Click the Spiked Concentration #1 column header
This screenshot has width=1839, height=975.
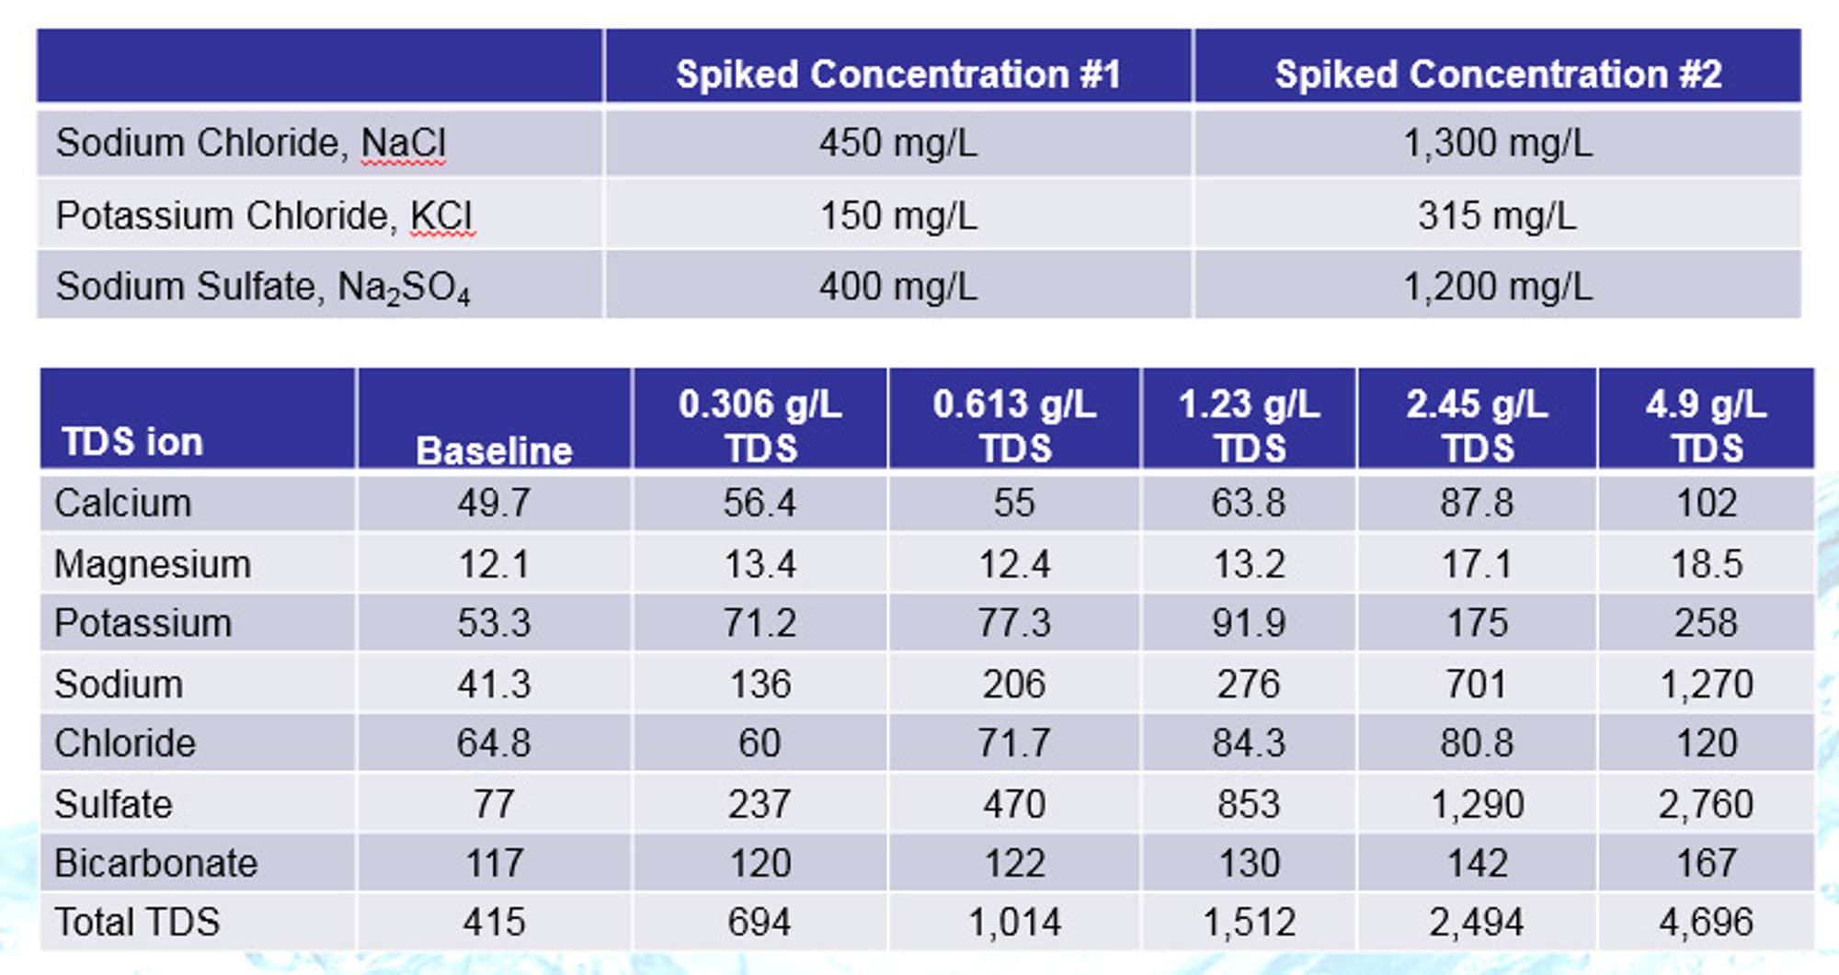pyautogui.click(x=898, y=74)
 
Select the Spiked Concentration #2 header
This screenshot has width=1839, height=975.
pyautogui.click(x=1498, y=74)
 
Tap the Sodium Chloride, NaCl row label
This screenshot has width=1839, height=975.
pyautogui.click(x=251, y=143)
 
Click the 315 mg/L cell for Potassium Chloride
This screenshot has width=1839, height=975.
pyautogui.click(x=1497, y=216)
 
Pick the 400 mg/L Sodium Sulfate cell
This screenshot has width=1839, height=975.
pyautogui.click(x=898, y=287)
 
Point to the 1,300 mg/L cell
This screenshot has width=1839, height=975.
pyautogui.click(x=1497, y=143)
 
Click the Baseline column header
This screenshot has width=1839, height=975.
pyautogui.click(x=494, y=450)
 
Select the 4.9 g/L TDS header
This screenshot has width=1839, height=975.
pyautogui.click(x=1707, y=426)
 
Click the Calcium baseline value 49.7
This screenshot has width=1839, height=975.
pyautogui.click(x=494, y=504)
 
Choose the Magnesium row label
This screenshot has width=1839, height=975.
pyautogui.click(x=153, y=564)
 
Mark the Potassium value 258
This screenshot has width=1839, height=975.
pyautogui.click(x=1706, y=623)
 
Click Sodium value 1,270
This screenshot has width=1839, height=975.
pyautogui.click(x=1707, y=685)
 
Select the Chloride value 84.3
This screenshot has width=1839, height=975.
pyautogui.click(x=1249, y=743)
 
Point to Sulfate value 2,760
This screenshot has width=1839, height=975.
pyautogui.click(x=1707, y=805)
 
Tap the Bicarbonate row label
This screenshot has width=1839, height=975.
pyautogui.click(x=156, y=864)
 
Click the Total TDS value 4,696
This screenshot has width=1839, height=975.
pyautogui.click(x=1707, y=923)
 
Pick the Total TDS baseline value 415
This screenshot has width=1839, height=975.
pyautogui.click(x=494, y=923)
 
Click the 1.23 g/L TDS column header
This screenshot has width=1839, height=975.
pyautogui.click(x=1250, y=426)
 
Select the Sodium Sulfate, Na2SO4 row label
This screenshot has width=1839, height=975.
pyautogui.click(x=263, y=288)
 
